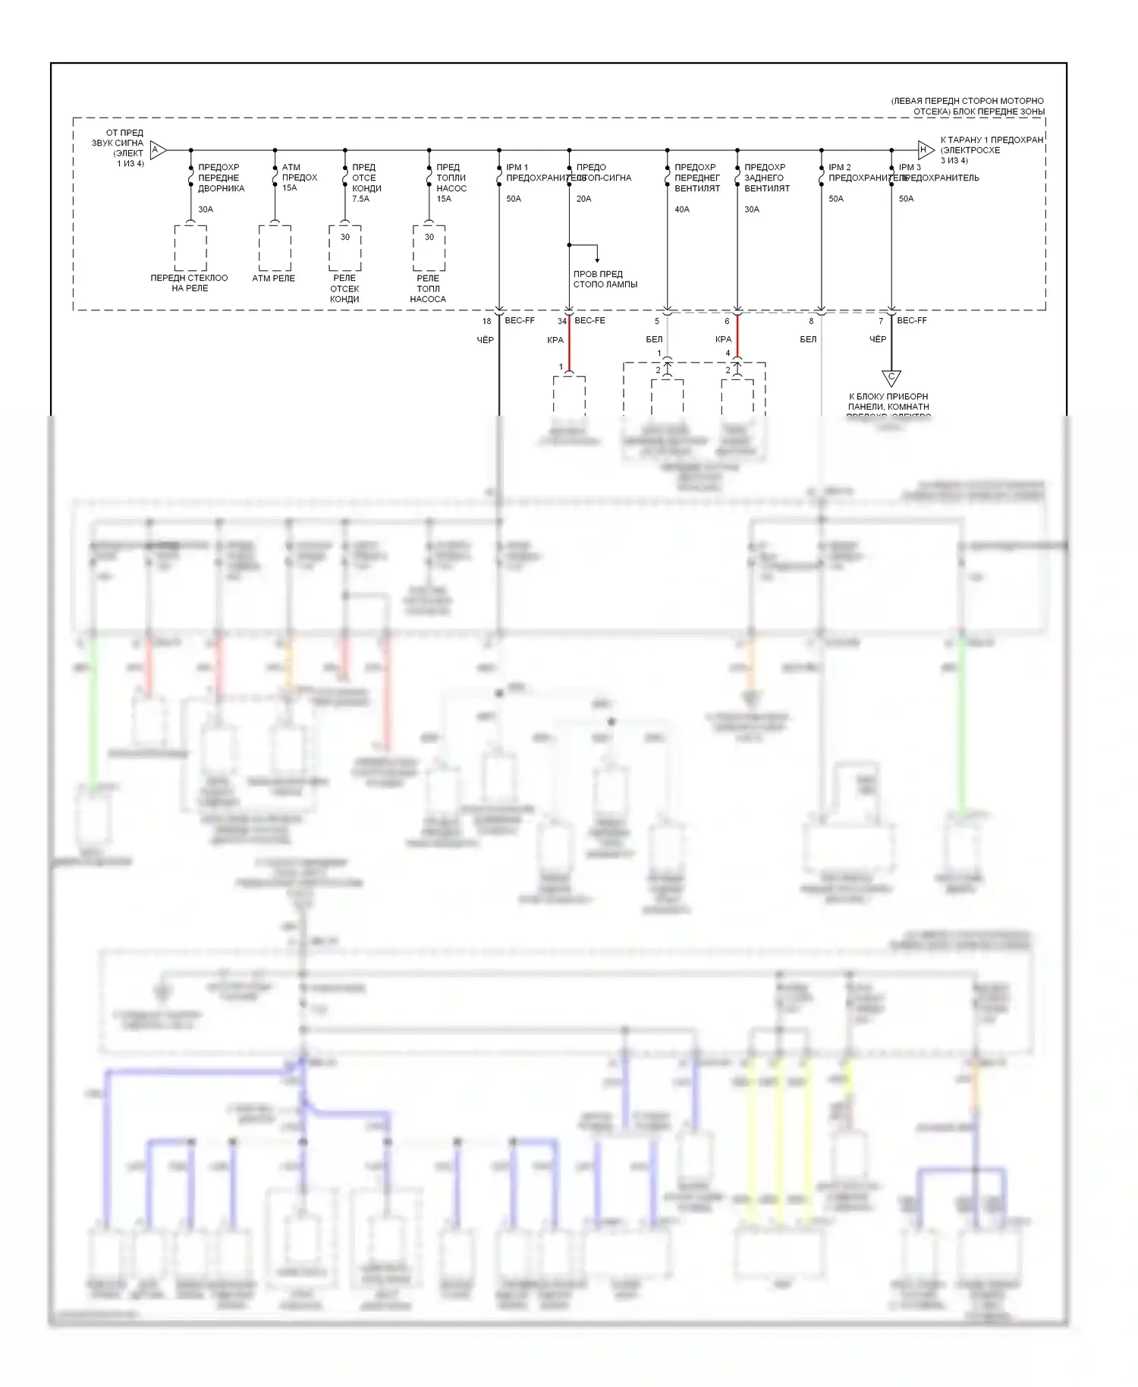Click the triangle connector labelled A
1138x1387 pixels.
pyautogui.click(x=157, y=150)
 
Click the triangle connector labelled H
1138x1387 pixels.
pyautogui.click(x=924, y=150)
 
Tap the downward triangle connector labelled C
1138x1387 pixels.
pyautogui.click(x=891, y=377)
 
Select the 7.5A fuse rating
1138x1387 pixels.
pyautogui.click(x=360, y=199)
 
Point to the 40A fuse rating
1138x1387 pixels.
pyautogui.click(x=682, y=209)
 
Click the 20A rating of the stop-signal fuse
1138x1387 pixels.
pyautogui.click(x=583, y=199)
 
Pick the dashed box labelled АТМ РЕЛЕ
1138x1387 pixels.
pyautogui.click(x=275, y=247)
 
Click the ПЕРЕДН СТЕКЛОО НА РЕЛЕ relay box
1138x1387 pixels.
pyautogui.click(x=190, y=247)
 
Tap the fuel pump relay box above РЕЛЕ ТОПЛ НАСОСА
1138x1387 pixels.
pyautogui.click(x=429, y=247)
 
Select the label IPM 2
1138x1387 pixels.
pyautogui.click(x=839, y=168)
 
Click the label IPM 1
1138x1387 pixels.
pyautogui.click(x=517, y=168)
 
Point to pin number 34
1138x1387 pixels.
pyautogui.click(x=561, y=322)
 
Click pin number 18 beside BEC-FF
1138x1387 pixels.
pyautogui.click(x=486, y=322)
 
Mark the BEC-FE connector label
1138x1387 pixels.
pyautogui.click(x=589, y=321)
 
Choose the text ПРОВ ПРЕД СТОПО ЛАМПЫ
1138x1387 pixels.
pyautogui.click(x=605, y=279)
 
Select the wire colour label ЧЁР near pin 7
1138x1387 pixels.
pyautogui.click(x=877, y=339)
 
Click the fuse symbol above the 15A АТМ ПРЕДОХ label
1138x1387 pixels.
pyautogui.click(x=275, y=178)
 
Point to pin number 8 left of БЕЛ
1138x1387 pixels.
pyautogui.click(x=811, y=322)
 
